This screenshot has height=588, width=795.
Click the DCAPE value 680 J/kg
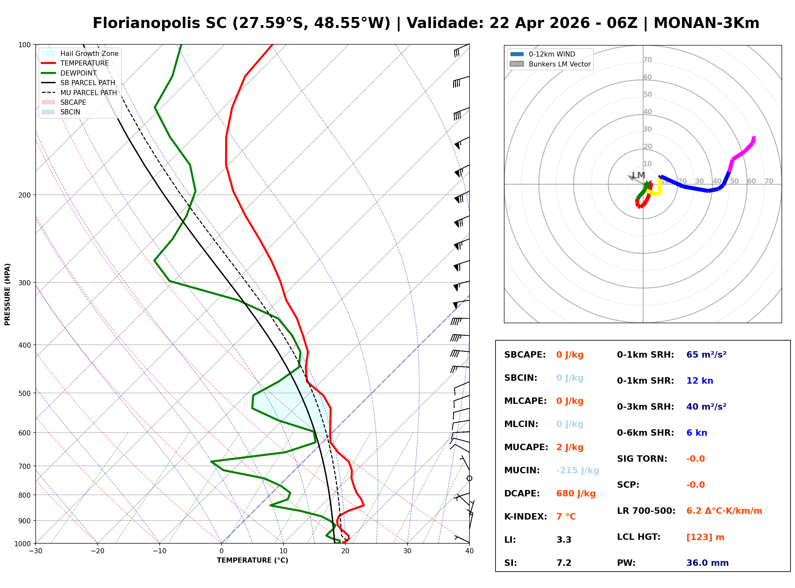(x=576, y=493)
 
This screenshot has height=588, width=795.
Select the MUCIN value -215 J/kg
(x=577, y=470)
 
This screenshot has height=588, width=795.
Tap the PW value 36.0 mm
(x=707, y=563)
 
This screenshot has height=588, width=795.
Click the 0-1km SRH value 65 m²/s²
(x=706, y=354)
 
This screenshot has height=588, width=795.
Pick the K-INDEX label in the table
(x=525, y=516)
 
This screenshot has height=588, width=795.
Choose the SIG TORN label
(x=642, y=459)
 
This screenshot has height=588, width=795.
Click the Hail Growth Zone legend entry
(x=89, y=53)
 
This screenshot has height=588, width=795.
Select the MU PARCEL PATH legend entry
(x=88, y=93)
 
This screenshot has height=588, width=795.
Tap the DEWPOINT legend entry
(x=78, y=73)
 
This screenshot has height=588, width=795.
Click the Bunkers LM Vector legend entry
(x=559, y=64)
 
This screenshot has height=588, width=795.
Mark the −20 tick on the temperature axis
(x=97, y=551)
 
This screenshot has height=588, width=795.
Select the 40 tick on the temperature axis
(x=469, y=551)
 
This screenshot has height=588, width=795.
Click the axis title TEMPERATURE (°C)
(x=252, y=560)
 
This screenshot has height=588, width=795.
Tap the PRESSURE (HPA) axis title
(x=7, y=294)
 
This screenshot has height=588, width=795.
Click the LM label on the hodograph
(x=639, y=175)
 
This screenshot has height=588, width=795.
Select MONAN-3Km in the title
(x=706, y=23)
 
